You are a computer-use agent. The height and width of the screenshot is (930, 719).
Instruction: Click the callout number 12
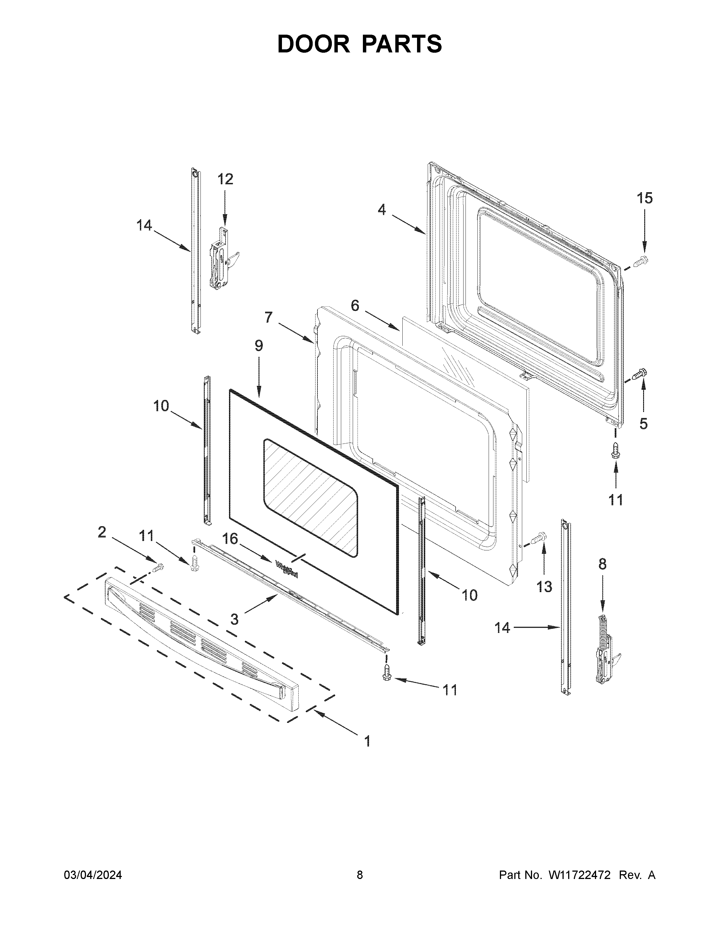(x=225, y=179)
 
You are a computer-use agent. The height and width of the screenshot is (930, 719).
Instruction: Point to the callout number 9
(x=259, y=345)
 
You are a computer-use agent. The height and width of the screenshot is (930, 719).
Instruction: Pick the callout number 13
(x=544, y=587)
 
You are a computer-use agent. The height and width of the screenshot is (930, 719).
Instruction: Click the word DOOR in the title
(x=313, y=44)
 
